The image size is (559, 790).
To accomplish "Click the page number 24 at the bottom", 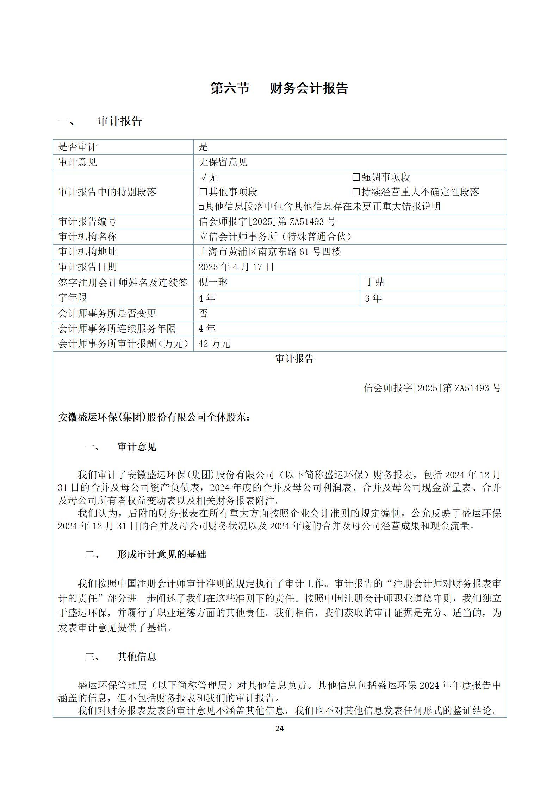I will click(279, 728).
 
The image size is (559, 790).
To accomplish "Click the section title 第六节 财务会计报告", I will click(279, 88).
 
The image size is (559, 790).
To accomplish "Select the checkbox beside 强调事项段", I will click(356, 177).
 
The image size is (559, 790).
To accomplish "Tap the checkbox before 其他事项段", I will click(203, 192).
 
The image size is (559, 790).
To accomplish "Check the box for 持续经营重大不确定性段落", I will click(356, 192).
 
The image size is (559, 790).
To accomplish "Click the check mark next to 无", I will click(204, 177).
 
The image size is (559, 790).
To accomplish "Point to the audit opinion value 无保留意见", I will click(223, 162).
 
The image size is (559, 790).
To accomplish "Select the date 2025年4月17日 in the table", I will click(236, 267).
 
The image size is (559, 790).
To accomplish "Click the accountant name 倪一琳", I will click(213, 282).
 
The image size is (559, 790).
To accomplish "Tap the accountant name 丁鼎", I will click(374, 282).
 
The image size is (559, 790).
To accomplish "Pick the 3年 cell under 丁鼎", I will click(373, 298).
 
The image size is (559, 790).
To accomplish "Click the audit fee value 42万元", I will click(214, 343).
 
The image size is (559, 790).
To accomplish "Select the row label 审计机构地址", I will click(87, 252).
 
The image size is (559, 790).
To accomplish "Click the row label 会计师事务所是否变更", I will click(107, 313).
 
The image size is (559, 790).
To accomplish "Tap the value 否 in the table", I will click(203, 313).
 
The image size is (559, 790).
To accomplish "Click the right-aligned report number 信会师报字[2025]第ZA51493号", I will click(432, 388).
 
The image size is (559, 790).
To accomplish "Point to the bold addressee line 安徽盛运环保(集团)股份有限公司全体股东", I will click(154, 417).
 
